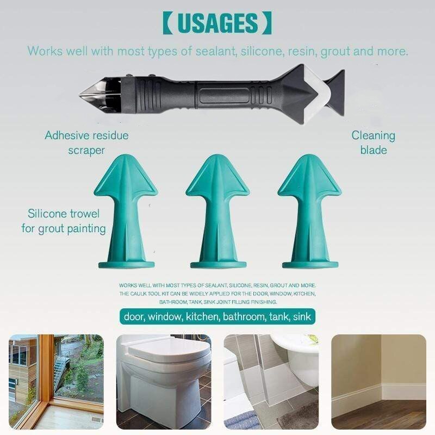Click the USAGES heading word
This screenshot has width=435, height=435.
[217, 22]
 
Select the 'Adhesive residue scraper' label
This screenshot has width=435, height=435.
[86, 142]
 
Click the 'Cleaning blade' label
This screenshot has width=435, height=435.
[374, 142]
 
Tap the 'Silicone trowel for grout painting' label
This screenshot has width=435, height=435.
[64, 221]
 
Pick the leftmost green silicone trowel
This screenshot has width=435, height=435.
[126, 212]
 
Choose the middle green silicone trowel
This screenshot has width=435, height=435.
[218, 212]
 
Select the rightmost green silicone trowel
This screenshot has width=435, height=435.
[310, 212]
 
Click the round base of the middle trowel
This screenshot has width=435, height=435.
[218, 265]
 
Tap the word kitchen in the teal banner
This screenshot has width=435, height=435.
[202, 316]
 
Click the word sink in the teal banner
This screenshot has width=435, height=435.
[302, 316]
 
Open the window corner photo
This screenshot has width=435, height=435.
[56, 382]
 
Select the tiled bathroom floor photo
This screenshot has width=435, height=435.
[271, 382]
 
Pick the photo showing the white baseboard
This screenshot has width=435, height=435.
[378, 382]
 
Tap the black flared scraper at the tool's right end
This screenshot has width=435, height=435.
[335, 92]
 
